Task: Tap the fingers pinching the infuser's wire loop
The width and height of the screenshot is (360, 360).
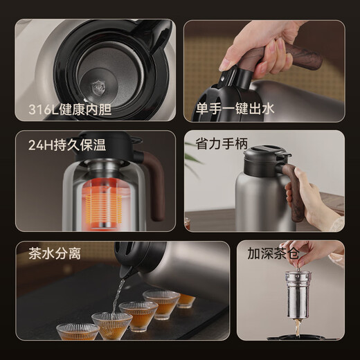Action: [x=305, y=255]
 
